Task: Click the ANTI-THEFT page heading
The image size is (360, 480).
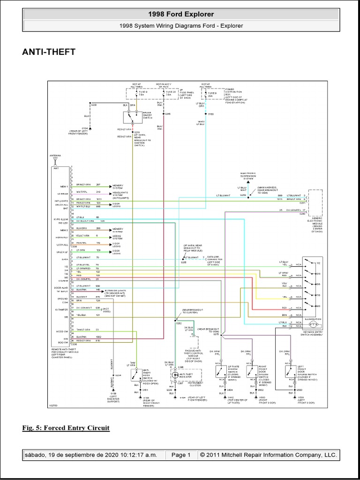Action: pos(49,52)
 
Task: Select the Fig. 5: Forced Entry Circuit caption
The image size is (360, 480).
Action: pos(66,427)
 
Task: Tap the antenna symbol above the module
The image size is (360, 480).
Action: pos(55,160)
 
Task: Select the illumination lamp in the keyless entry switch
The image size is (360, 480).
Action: pos(315,324)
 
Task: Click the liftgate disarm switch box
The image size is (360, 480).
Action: pos(221,371)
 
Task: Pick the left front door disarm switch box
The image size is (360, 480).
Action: pos(290,371)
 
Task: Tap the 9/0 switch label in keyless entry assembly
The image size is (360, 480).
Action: pos(318,306)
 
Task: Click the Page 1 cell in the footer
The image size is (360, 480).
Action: pos(180,455)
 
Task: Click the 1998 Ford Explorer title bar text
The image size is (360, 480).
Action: pos(180,15)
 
